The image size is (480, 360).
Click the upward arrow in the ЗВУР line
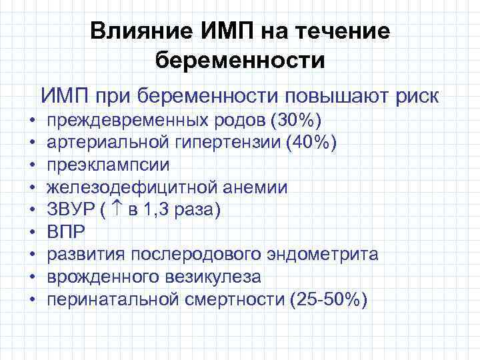(117, 209)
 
